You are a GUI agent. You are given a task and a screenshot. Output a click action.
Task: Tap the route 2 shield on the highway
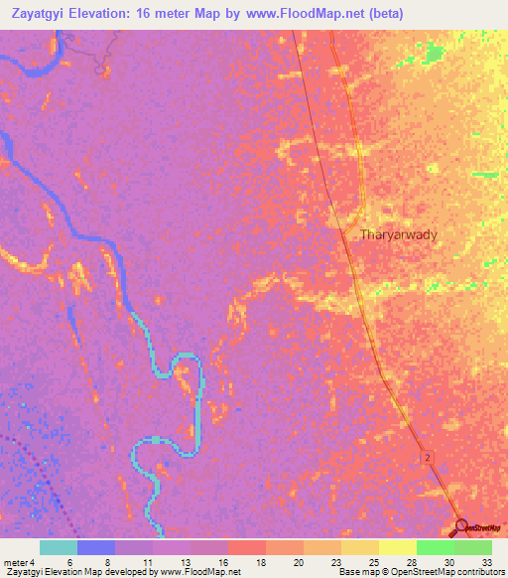427,456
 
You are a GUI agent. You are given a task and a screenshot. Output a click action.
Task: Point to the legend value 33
486,561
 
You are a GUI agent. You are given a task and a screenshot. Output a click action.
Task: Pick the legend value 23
336,561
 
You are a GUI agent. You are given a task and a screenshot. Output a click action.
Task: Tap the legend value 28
412,561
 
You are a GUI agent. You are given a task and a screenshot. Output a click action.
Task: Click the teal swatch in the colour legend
59,547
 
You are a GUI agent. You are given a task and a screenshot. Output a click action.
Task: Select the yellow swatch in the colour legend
398,547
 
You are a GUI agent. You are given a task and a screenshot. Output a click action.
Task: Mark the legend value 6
69,561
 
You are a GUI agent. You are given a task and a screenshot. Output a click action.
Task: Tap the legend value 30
448,561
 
